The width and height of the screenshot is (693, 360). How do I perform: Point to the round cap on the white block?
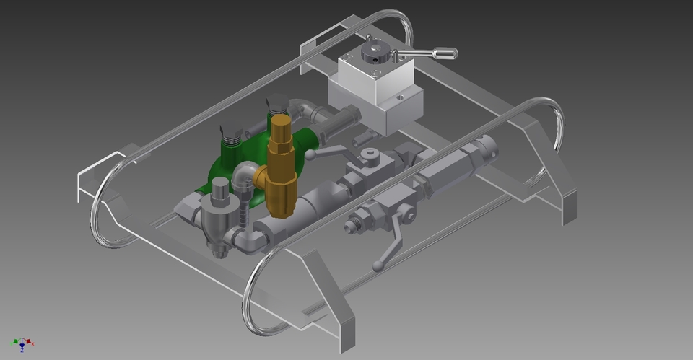click(x=376, y=51)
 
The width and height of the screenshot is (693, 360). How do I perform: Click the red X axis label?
click(x=32, y=343)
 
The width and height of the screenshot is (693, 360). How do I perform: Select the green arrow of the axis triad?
click(x=15, y=341)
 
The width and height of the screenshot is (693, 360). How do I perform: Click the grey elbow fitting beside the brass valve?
click(x=245, y=177)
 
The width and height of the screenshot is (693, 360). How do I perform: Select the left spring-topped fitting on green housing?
click(x=229, y=131)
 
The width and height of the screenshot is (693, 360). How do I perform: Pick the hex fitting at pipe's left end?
click(x=186, y=208)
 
